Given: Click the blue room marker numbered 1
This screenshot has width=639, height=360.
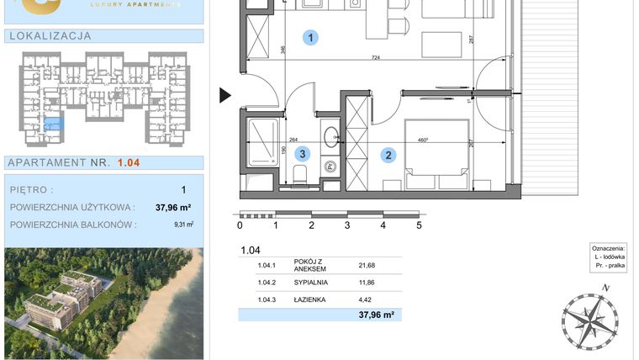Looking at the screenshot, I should click(312, 38).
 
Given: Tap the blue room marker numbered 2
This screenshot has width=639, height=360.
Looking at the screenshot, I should click(388, 155).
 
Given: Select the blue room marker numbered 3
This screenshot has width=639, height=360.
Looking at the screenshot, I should click(304, 154).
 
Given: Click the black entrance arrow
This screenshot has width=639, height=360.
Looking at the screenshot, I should click(224, 96).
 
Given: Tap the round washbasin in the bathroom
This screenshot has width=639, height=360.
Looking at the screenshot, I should click(330, 133).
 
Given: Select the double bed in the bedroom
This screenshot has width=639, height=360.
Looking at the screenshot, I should click(436, 156).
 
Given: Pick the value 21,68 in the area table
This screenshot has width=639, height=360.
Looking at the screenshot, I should click(367, 266).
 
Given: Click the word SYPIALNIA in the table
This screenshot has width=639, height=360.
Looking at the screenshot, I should click(311, 282).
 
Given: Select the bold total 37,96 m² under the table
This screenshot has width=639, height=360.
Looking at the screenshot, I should click(376, 315).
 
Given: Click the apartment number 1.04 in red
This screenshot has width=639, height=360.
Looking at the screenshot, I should click(129, 163).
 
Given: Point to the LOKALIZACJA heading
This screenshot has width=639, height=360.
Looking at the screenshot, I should click(49, 36).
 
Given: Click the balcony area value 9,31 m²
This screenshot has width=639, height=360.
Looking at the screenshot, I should click(183, 225).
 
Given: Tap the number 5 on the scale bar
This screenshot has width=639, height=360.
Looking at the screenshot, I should click(419, 225).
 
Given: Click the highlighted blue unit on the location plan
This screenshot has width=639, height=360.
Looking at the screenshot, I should click(52, 124).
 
